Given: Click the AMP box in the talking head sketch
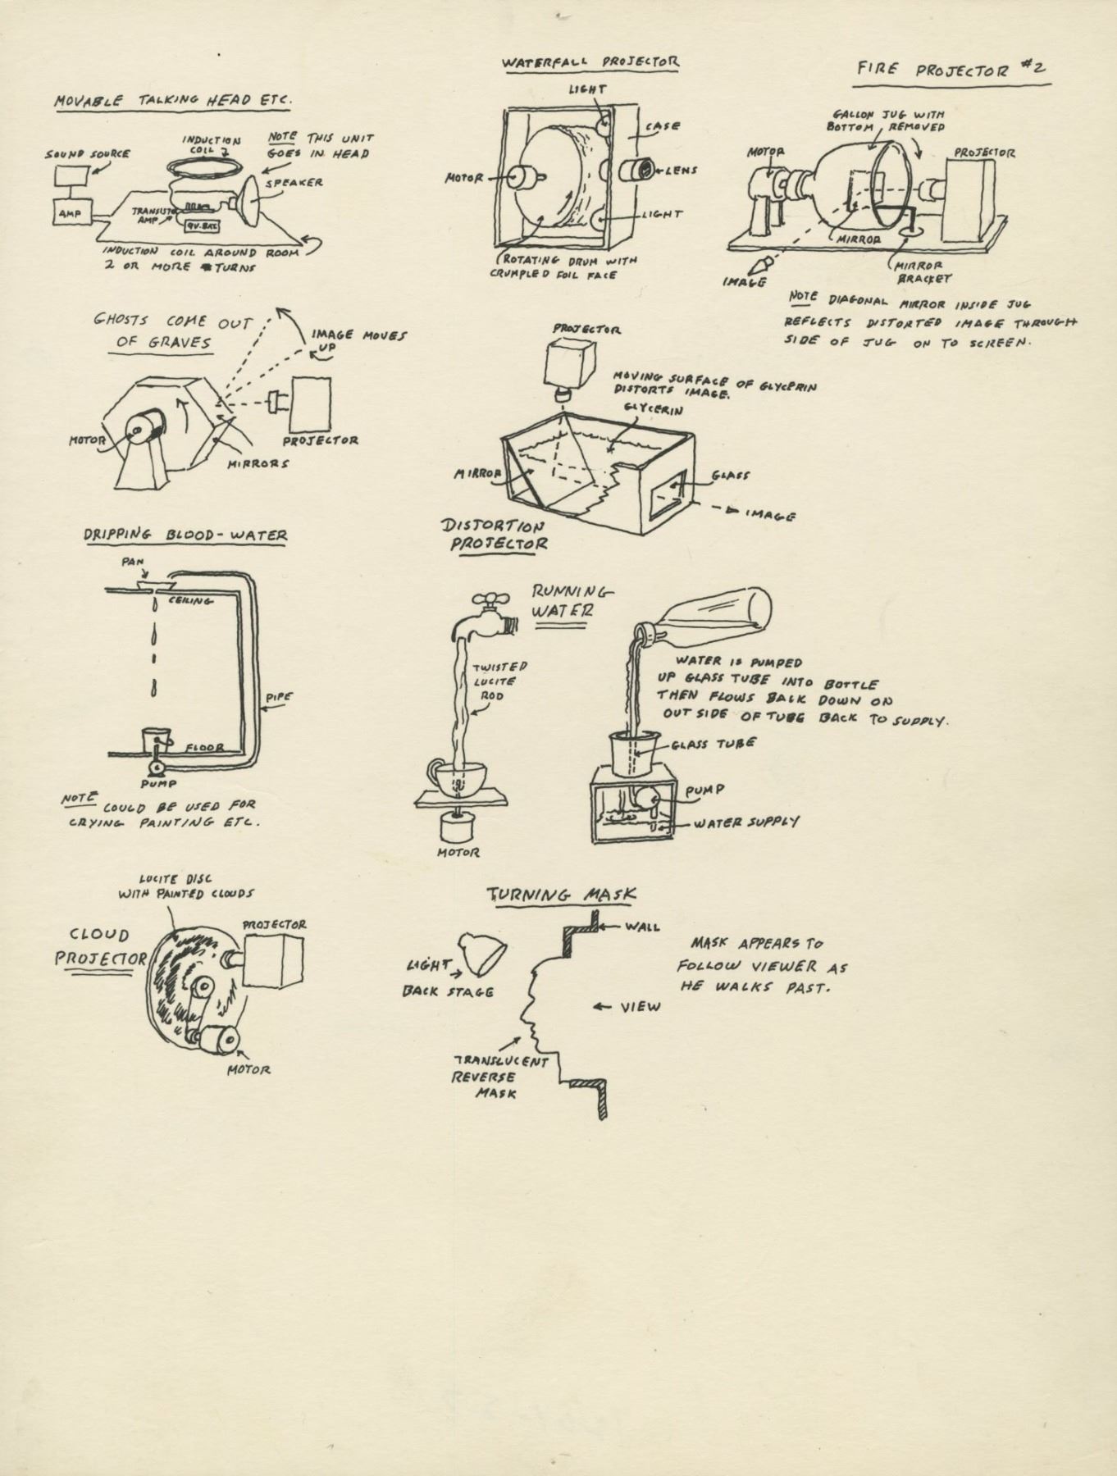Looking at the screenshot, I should [x=67, y=213].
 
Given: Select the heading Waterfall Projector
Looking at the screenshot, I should [x=590, y=62].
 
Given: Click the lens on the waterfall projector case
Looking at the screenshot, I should [x=637, y=171].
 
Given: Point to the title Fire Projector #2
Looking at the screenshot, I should [x=952, y=69].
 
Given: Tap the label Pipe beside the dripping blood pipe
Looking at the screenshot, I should [x=279, y=698].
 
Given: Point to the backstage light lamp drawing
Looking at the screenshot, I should [x=483, y=951].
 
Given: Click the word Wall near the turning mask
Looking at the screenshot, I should [x=643, y=927].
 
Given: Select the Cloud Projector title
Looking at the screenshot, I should [x=98, y=947].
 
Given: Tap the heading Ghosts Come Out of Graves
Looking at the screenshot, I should [x=171, y=331].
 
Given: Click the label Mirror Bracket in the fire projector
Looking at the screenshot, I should [x=921, y=271].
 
